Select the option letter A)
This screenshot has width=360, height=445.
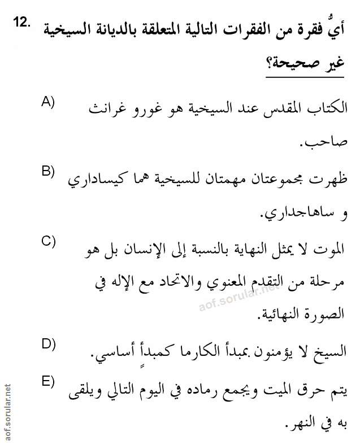[47, 102]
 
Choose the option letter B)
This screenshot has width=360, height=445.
[47, 171]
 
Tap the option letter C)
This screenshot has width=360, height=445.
[47, 241]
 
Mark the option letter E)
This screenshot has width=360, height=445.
[47, 381]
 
